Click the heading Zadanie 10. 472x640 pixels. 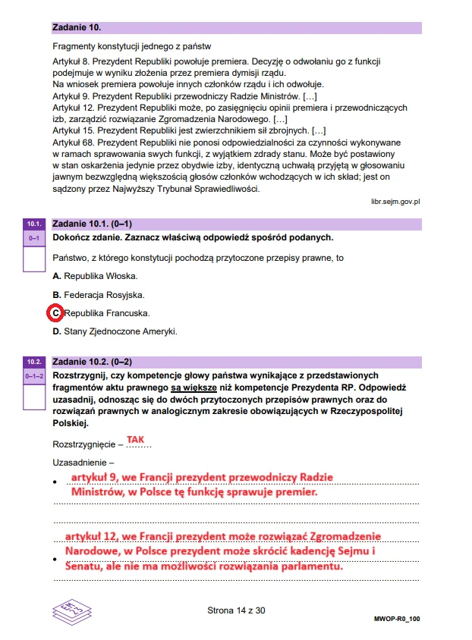[x=77, y=27]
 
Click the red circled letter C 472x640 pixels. [x=56, y=312]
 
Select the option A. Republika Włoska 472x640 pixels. [x=95, y=276]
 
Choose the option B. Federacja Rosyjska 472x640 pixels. [x=98, y=294]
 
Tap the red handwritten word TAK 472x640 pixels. [x=135, y=440]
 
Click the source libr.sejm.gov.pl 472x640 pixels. [x=395, y=202]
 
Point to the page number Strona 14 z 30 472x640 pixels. [x=236, y=610]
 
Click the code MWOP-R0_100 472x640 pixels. [x=397, y=619]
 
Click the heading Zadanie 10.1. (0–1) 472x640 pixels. [x=92, y=224]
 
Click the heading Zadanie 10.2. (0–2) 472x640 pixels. [x=92, y=362]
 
